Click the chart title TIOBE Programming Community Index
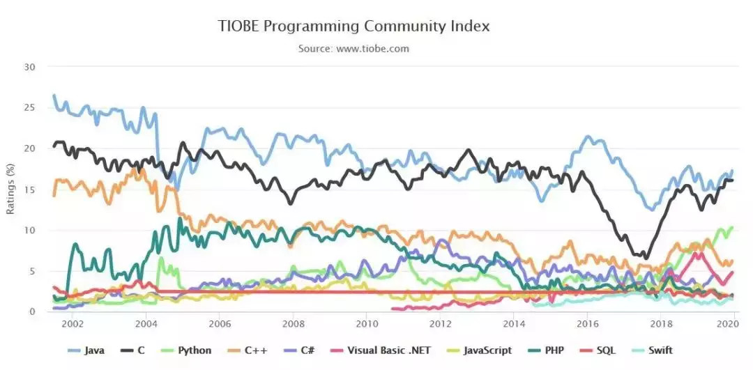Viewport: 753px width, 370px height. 354,26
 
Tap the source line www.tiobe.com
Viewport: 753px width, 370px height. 353,49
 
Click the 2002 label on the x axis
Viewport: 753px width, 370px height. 73,324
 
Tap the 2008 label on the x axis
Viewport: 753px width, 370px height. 293,324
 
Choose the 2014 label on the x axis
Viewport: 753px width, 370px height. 514,324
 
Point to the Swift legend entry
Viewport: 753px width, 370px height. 658,350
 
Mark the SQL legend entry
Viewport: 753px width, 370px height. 605,350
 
